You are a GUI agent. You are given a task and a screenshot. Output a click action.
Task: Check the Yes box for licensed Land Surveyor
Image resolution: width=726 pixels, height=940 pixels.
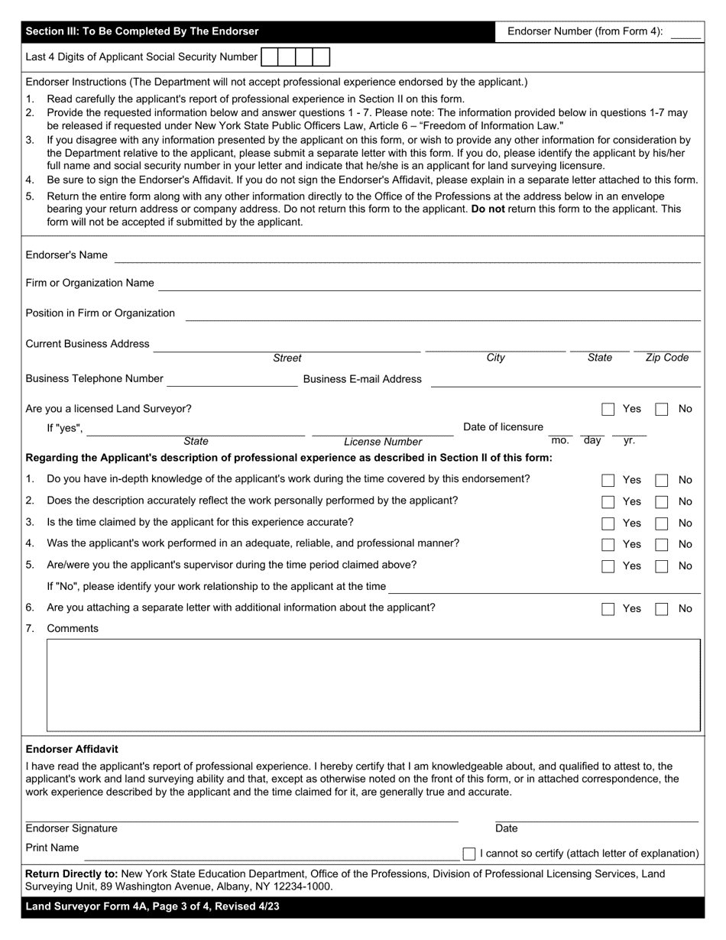tap(608, 410)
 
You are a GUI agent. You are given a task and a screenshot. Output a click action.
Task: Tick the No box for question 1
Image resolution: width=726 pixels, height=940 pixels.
tap(662, 481)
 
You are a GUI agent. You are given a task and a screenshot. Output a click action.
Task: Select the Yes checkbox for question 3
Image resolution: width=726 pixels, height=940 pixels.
tap(608, 523)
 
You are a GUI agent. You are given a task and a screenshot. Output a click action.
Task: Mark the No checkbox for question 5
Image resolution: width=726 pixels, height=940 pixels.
tap(662, 566)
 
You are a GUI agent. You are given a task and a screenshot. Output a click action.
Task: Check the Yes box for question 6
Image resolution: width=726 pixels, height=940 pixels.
tap(608, 609)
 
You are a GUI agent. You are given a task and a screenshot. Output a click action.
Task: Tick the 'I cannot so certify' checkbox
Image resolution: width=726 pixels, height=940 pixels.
tap(469, 853)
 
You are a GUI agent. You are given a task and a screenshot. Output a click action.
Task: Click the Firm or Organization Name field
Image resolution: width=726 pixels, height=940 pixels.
tap(429, 284)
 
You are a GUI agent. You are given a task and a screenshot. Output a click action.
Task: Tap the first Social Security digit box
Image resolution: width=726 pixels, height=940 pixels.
tap(269, 57)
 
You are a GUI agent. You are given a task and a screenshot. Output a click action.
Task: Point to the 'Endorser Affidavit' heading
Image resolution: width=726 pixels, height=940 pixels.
tap(72, 749)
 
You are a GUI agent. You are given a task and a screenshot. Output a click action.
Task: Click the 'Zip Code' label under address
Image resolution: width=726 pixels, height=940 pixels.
tap(666, 358)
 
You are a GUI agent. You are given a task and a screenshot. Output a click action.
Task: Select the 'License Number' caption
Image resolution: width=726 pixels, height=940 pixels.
tap(382, 442)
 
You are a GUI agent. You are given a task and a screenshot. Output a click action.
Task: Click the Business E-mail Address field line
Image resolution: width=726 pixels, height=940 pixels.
tap(565, 380)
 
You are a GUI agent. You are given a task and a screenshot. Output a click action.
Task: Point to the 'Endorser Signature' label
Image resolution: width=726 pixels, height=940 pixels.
tap(72, 828)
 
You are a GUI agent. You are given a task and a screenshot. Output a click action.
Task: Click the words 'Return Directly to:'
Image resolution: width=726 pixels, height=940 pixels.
tap(72, 874)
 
